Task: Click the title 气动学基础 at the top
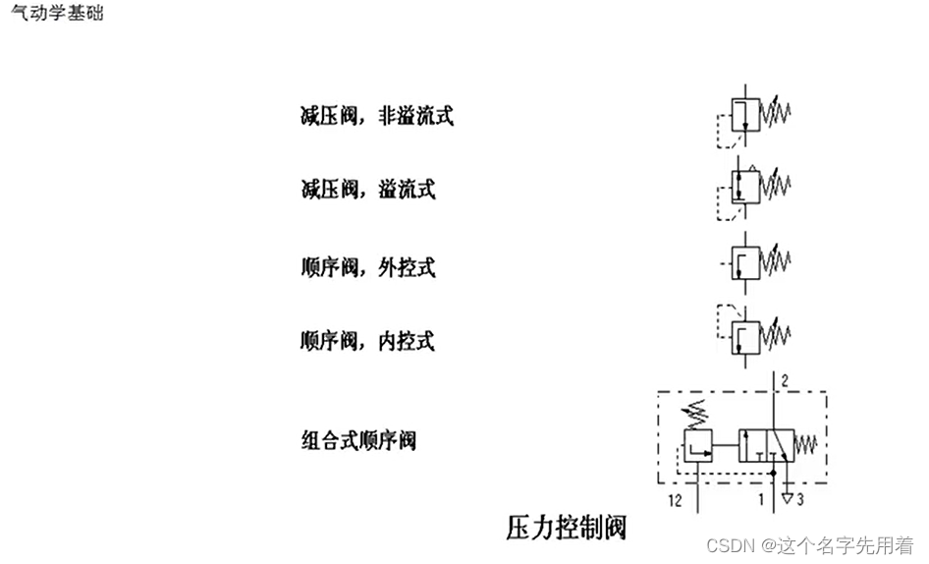coord(56,14)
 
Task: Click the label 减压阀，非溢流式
coord(376,116)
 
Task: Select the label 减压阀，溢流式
coord(367,189)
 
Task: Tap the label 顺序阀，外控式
coord(367,266)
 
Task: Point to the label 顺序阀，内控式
coord(367,341)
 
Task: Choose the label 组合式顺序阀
coord(358,439)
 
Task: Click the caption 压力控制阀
coord(566,528)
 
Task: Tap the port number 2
coord(786,380)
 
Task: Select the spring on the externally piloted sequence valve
coord(778,261)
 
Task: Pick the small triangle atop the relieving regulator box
coord(753,166)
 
